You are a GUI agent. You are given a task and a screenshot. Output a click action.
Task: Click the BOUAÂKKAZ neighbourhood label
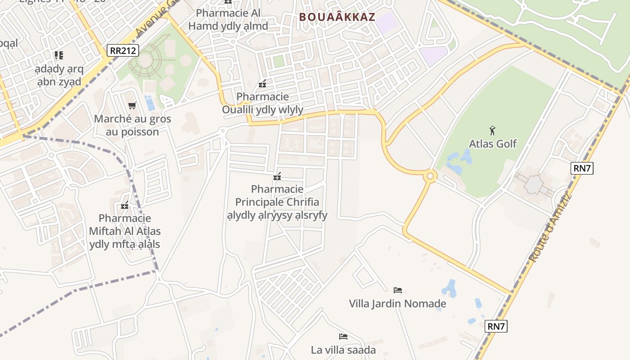337,17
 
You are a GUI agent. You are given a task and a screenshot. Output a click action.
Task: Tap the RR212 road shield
122,50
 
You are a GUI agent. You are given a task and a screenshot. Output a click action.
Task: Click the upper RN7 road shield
582,168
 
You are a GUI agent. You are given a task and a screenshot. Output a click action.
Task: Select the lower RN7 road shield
496,326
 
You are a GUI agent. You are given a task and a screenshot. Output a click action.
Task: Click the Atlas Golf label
493,144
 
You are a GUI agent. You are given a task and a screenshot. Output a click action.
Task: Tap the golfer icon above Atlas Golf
493,130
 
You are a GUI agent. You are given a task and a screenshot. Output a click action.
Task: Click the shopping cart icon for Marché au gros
132,106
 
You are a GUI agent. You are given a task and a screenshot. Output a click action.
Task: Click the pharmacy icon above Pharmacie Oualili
262,84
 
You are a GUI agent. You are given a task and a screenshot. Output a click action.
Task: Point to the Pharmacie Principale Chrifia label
277,202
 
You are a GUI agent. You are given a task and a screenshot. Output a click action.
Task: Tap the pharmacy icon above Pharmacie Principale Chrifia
277,176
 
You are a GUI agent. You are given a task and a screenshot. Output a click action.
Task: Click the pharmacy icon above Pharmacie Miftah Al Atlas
125,206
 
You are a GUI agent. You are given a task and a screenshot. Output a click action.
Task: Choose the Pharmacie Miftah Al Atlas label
125,231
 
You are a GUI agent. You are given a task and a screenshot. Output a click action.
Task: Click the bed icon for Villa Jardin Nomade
397,290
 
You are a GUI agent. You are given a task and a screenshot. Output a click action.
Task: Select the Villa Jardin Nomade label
397,304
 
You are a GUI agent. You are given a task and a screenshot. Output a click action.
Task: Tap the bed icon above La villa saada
343,336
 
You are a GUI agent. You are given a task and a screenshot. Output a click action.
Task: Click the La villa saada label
343,350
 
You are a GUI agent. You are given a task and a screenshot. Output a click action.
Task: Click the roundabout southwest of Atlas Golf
430,176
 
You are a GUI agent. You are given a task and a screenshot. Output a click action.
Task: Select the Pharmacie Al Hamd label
228,19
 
